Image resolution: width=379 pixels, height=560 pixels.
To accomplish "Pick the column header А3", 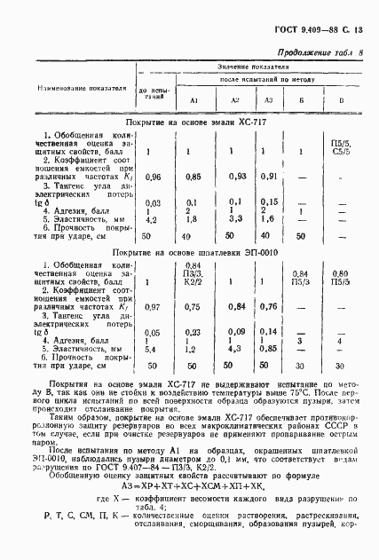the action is click(266, 99).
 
